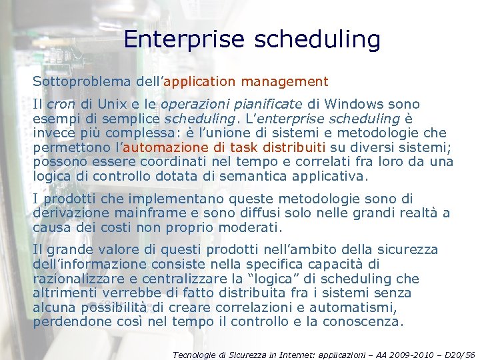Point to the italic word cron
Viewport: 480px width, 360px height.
pos(61,104)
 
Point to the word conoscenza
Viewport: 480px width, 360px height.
pos(364,323)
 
